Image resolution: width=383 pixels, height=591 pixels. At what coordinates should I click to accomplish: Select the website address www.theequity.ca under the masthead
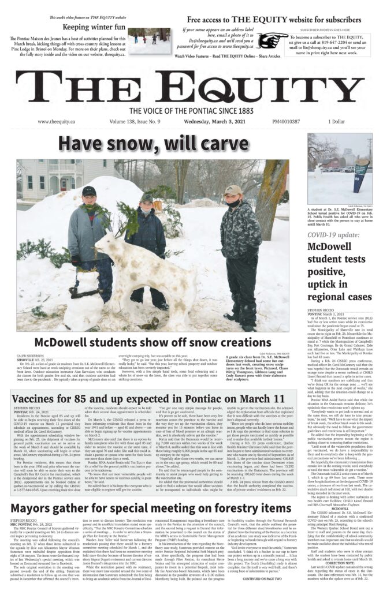(58, 122)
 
